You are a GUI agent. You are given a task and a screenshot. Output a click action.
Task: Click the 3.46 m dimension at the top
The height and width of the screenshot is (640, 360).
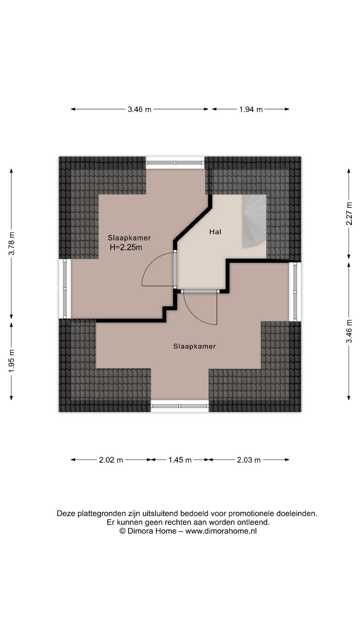pos(139,109)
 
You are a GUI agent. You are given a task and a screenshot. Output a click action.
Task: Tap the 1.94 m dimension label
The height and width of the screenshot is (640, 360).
pos(251,109)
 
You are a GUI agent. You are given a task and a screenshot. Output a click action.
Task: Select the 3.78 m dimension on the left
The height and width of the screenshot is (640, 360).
pos(12,243)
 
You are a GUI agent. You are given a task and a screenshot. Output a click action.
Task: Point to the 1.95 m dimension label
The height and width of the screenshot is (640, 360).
pos(12,361)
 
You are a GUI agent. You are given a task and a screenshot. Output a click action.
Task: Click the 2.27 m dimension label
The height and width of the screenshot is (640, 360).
pos(349,214)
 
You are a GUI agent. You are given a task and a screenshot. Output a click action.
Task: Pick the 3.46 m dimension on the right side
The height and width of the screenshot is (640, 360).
pos(349,331)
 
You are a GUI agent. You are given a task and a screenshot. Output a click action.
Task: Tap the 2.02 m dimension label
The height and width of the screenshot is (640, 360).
pos(111,460)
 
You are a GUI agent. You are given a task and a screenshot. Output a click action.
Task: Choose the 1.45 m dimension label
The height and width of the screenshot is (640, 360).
pos(180,460)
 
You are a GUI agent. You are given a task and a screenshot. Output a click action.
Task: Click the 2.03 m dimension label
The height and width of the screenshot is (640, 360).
pos(249,460)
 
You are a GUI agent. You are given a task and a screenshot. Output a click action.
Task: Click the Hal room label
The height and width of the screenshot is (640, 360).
pos(215,232)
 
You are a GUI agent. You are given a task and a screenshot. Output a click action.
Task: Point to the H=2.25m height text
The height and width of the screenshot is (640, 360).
pos(126,247)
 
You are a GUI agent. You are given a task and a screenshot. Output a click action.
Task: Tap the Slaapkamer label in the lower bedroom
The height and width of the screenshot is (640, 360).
pos(194,346)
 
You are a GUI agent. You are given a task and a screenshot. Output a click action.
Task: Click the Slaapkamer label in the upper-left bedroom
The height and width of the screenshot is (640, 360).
pos(129,238)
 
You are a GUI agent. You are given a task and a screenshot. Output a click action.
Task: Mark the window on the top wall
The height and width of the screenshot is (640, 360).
pos(175,163)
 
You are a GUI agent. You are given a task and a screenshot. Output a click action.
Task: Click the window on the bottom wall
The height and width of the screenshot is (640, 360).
pos(180,406)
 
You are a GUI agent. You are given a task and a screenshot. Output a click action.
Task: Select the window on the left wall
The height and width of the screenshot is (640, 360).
pos(65,289)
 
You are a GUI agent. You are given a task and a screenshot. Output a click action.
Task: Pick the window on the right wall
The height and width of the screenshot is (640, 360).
pos(295,292)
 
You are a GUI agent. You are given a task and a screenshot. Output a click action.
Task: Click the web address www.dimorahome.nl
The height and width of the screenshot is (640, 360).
pos(221,531)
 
